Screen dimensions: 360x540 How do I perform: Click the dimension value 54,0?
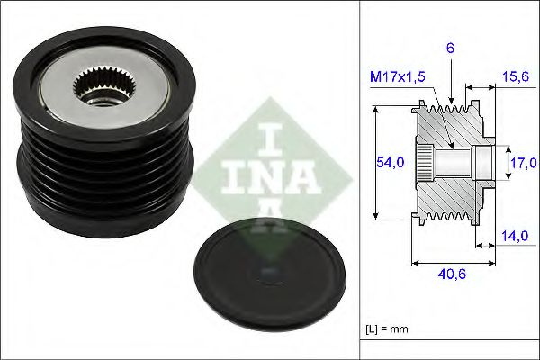tap(383, 162)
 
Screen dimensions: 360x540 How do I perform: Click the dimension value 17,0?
tap(523, 163)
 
